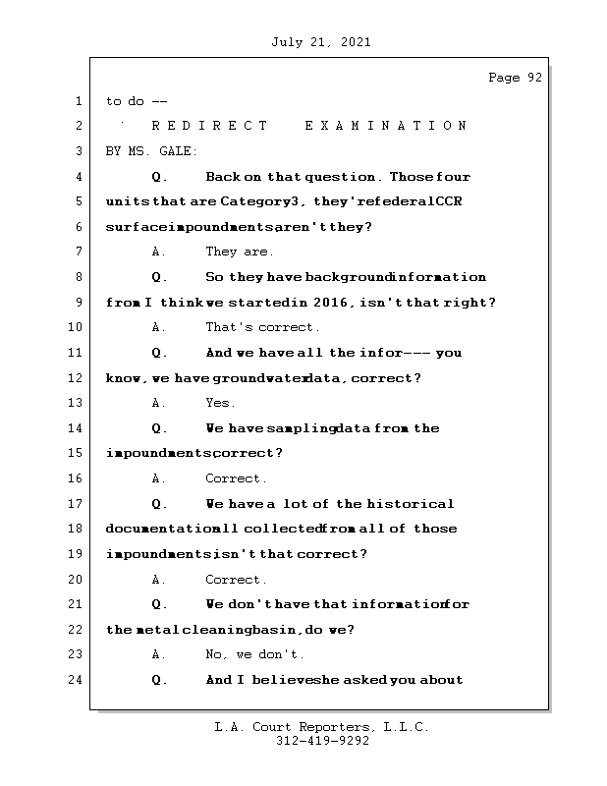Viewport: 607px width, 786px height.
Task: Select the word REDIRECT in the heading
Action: click(209, 126)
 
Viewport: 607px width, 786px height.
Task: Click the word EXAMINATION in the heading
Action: click(385, 126)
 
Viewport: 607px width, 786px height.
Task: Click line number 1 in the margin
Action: click(78, 101)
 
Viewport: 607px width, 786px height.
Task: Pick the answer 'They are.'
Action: click(240, 252)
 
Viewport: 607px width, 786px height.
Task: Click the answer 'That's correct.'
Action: click(262, 327)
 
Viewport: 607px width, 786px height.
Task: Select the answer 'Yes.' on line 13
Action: click(220, 403)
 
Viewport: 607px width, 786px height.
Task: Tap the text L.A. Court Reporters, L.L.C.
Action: click(322, 727)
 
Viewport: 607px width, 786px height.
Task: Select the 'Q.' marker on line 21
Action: click(160, 604)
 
